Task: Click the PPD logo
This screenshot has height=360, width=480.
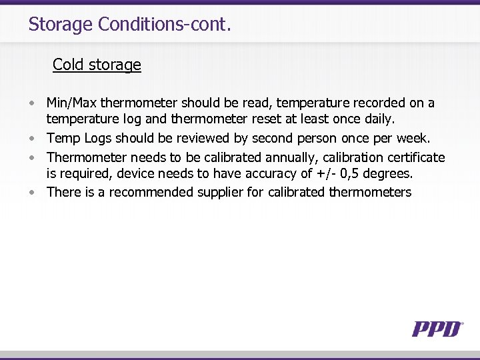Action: point(437,328)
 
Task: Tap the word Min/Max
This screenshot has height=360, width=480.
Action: point(71,103)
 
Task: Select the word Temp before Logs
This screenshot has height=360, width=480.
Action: point(63,139)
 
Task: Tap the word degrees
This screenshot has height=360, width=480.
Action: point(389,175)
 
